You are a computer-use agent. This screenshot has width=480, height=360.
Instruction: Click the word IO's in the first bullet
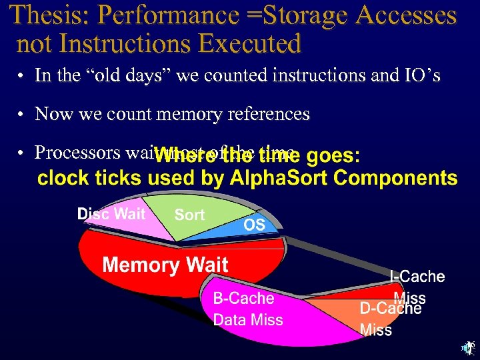[x=420, y=75]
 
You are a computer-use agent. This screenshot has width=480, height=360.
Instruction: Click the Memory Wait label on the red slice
[x=165, y=265]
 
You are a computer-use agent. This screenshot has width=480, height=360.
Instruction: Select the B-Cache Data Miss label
[x=247, y=309]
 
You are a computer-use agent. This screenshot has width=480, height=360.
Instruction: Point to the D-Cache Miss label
[x=390, y=319]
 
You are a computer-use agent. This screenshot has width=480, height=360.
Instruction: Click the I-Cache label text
[x=417, y=276]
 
